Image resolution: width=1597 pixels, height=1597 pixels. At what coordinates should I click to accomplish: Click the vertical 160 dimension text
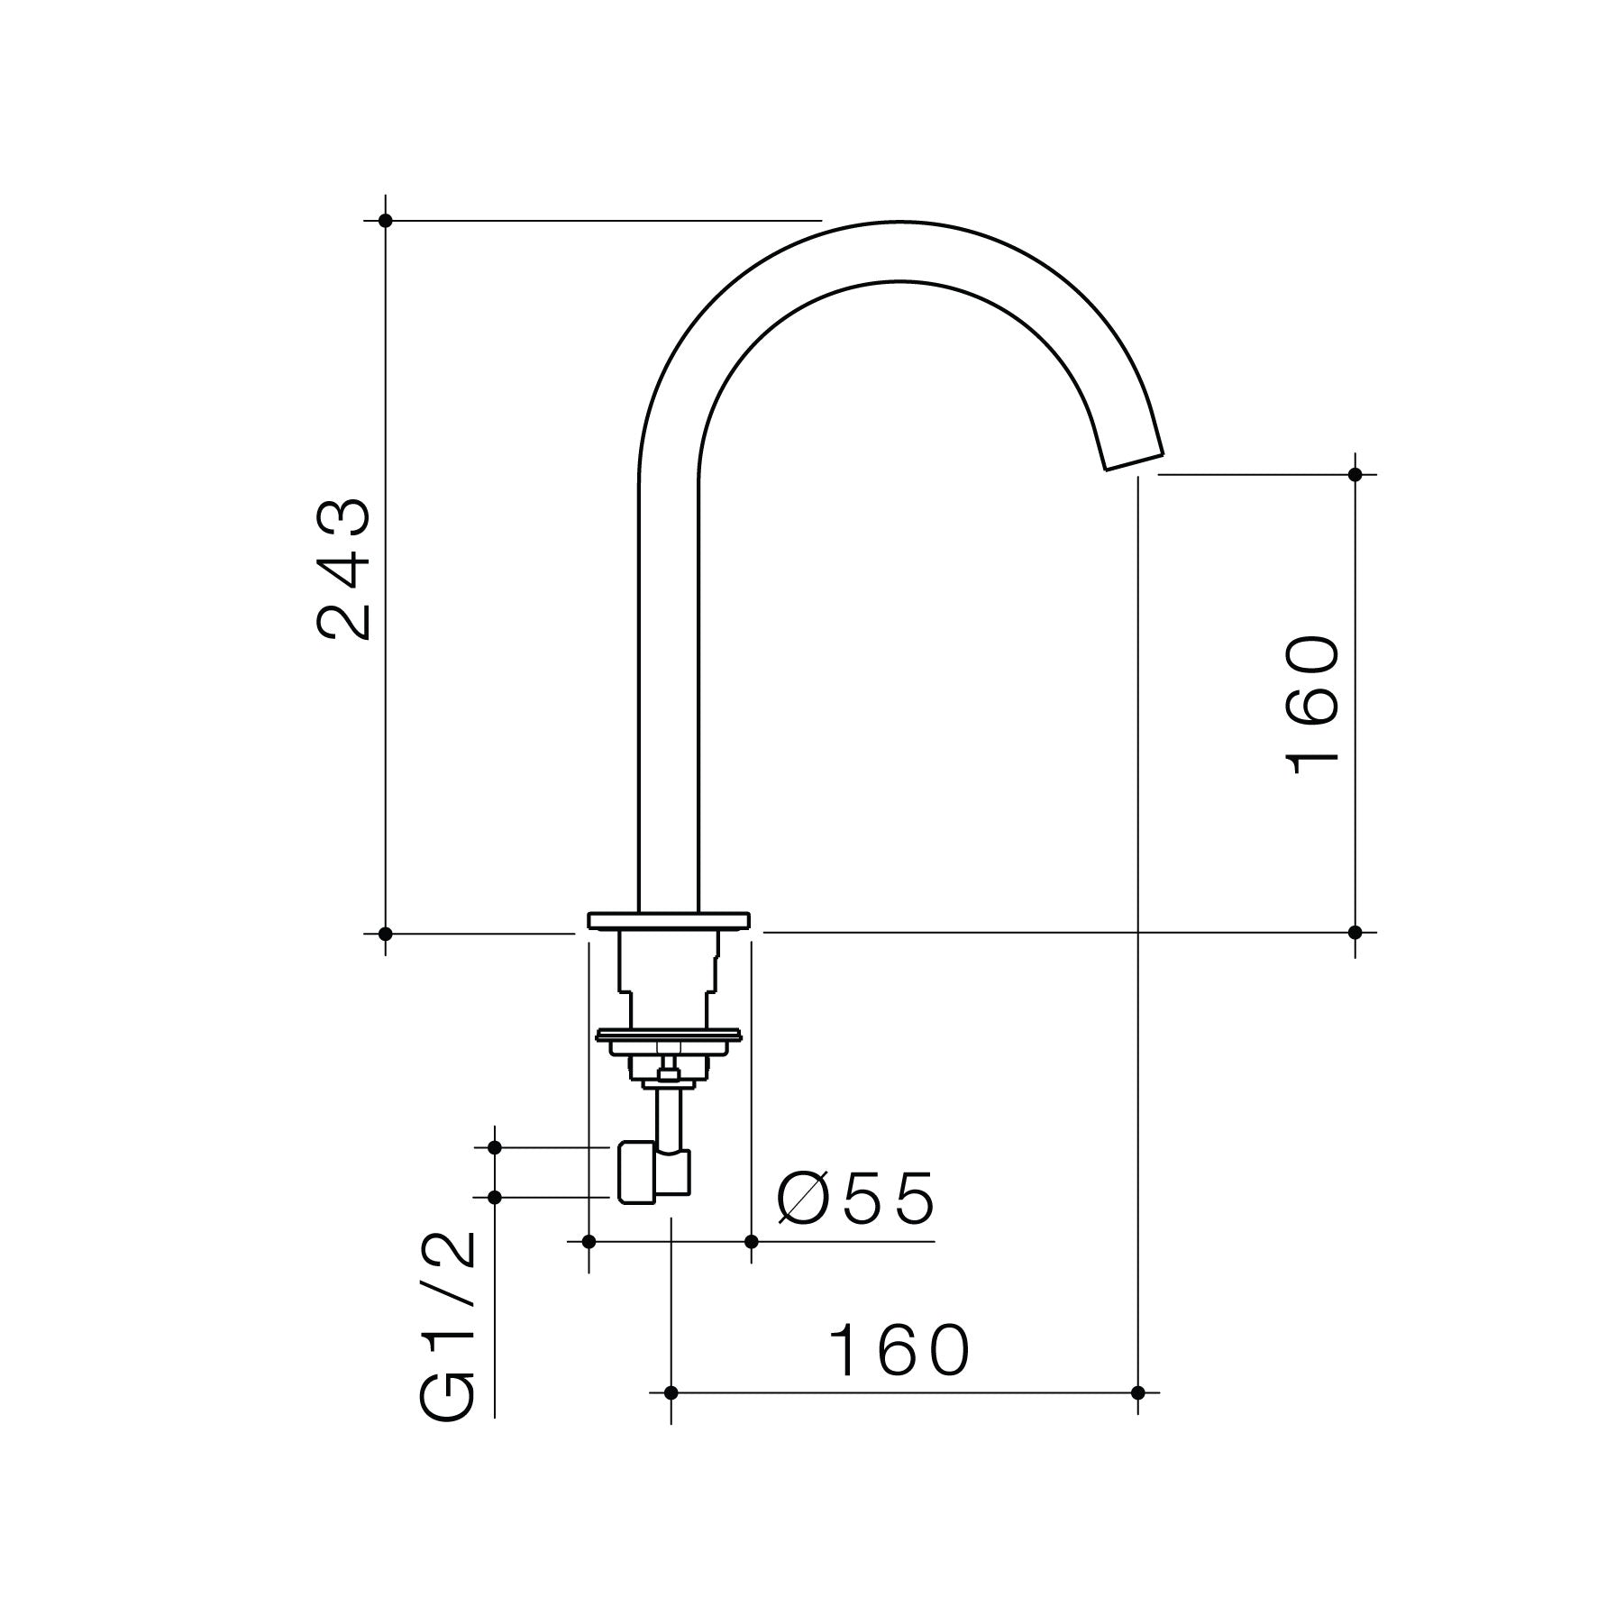(1311, 705)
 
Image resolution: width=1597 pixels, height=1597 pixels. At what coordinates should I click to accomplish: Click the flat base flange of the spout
(668, 919)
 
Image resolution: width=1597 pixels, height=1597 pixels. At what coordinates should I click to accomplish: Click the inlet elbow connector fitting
(653, 1173)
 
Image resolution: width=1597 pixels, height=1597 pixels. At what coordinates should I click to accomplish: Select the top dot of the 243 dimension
(386, 220)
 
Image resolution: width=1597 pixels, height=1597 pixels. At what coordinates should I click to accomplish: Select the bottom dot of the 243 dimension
(386, 933)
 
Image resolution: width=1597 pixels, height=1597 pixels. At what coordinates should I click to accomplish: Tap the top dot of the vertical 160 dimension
(1355, 473)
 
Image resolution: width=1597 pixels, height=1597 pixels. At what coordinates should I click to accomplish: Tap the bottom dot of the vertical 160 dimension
(1355, 932)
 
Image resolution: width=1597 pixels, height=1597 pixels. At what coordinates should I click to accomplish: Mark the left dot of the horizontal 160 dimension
(671, 1418)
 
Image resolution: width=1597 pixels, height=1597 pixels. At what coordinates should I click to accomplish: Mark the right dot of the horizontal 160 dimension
(1137, 1418)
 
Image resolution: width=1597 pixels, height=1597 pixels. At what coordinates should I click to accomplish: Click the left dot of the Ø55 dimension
(589, 1242)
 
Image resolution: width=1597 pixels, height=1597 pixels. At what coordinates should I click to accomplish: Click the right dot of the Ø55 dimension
(752, 1242)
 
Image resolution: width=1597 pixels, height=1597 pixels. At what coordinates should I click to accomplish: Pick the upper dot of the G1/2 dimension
(494, 1147)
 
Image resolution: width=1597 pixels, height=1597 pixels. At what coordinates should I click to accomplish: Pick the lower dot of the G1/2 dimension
(494, 1197)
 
